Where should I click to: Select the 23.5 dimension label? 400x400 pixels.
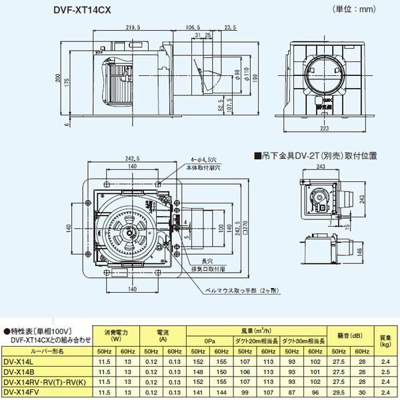pyautogui.click(x=231, y=28)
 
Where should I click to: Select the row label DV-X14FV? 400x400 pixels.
pyautogui.click(x=23, y=393)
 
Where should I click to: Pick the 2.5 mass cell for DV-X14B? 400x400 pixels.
pyautogui.click(x=383, y=372)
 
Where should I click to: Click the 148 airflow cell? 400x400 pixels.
pyautogui.click(x=197, y=372)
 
